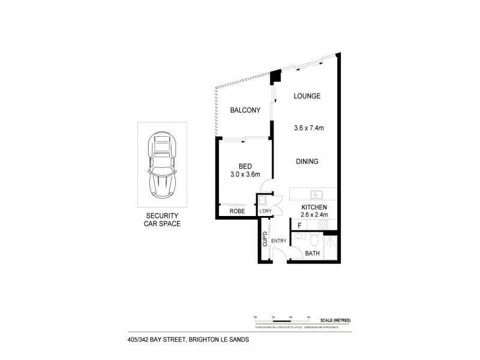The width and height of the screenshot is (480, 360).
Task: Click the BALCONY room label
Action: [245, 110]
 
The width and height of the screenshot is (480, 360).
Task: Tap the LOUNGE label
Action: [307, 96]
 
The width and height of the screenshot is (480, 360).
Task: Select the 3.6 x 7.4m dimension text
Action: [309, 127]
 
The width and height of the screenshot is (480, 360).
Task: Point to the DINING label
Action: [306, 161]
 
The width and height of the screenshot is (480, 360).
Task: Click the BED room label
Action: [245, 166]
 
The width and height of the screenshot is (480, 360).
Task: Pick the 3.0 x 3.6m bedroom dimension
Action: [245, 175]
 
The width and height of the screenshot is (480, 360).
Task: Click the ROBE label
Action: [237, 211]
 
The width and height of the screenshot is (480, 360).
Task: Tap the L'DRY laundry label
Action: [265, 212]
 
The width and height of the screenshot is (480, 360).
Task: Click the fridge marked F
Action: [299, 226]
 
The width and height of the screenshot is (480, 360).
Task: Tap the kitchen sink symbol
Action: [317, 194]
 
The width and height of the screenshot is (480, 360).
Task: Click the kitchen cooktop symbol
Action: [323, 224]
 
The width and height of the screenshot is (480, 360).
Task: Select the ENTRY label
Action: [278, 241]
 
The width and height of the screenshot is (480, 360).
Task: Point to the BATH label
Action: [312, 254]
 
